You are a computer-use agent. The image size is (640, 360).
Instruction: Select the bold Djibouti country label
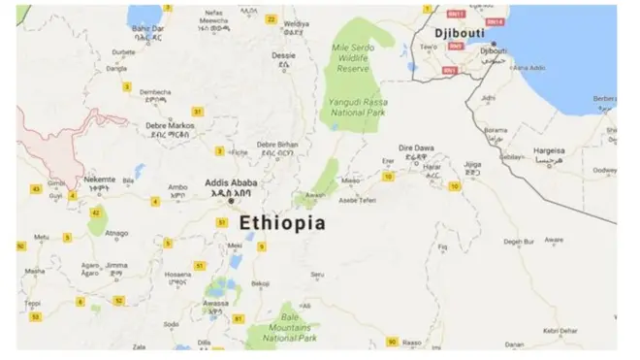click(x=462, y=31)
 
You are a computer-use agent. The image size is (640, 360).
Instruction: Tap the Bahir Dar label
click(x=148, y=29)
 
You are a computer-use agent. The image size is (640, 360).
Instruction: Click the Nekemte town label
click(x=99, y=179)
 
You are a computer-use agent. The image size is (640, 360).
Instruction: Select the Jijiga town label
click(x=472, y=165)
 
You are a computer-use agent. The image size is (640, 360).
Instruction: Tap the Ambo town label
click(x=178, y=186)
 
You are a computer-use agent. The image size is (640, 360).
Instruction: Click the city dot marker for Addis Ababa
click(x=230, y=201)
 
